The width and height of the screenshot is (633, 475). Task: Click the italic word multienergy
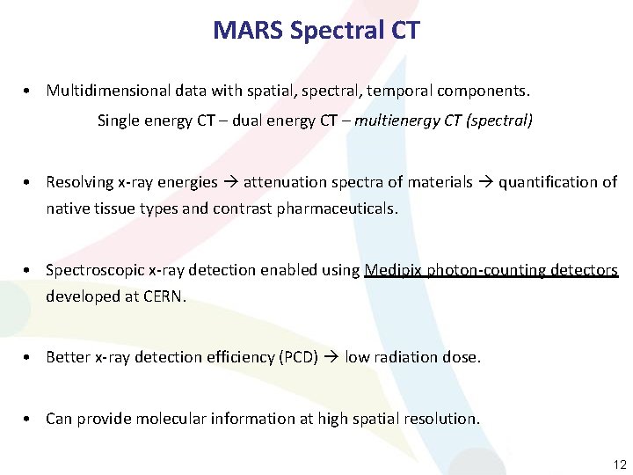coord(397,121)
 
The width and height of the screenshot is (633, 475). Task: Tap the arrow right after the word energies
coord(229,182)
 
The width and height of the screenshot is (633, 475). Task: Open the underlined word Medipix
coord(393,270)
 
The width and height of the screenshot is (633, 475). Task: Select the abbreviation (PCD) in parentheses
coord(298,358)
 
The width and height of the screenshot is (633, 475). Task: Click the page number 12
coord(620,464)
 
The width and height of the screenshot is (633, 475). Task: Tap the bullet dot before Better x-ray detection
coord(30,358)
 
